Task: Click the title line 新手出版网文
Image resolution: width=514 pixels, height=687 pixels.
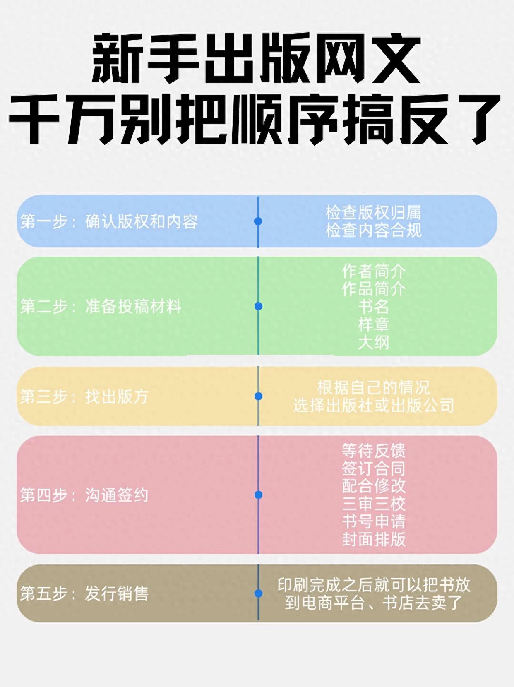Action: (x=256, y=58)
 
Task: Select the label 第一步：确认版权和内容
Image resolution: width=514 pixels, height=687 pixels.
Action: (x=109, y=222)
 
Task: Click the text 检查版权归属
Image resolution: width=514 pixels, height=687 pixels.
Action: (x=373, y=213)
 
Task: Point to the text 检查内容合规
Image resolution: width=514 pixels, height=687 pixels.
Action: (x=373, y=231)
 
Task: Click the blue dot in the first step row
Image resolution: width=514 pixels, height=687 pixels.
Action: (x=258, y=221)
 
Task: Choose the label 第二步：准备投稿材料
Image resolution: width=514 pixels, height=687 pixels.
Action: (x=101, y=307)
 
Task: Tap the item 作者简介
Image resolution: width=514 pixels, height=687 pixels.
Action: (x=373, y=271)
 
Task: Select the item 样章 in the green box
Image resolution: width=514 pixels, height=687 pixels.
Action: (x=373, y=324)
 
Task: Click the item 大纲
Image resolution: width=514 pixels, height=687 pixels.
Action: (x=373, y=342)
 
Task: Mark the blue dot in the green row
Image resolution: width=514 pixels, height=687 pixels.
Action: (x=258, y=306)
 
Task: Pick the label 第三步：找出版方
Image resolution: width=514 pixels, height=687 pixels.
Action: (x=84, y=396)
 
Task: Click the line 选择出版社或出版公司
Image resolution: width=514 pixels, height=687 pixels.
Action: (x=373, y=406)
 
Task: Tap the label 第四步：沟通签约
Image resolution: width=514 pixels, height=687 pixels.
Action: (x=84, y=495)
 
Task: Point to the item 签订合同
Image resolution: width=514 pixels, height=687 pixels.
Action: (x=373, y=468)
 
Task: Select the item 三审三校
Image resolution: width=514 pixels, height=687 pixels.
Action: (x=373, y=504)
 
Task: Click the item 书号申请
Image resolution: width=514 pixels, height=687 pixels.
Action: (x=373, y=521)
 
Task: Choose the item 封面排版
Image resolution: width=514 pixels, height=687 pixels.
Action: (x=373, y=539)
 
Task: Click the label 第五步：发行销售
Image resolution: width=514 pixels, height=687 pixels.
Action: (x=84, y=593)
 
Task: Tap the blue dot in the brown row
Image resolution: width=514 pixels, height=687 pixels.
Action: (x=258, y=593)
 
